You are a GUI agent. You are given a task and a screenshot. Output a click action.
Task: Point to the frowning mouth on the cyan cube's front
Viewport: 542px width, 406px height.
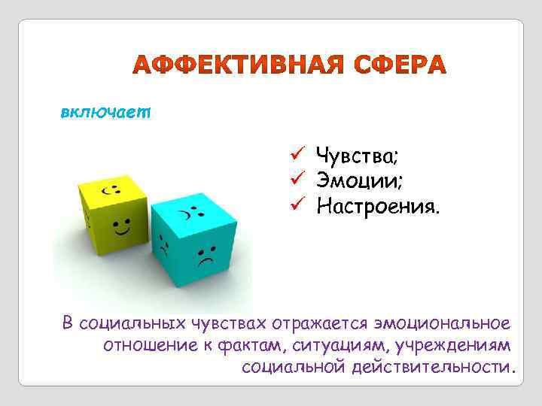[206, 261]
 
